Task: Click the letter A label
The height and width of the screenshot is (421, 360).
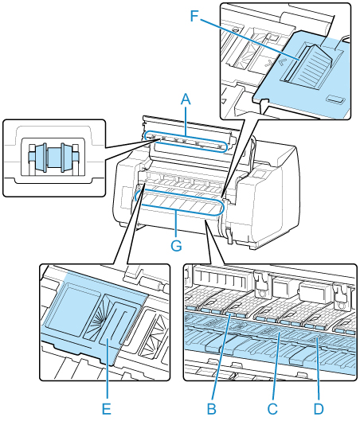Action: (x=186, y=100)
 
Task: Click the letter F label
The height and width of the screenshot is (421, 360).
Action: (x=194, y=17)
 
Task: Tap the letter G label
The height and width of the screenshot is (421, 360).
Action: (x=176, y=245)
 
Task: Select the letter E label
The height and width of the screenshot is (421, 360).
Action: (x=107, y=409)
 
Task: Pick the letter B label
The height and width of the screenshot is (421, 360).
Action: (x=212, y=409)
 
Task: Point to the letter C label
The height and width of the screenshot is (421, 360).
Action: (x=272, y=409)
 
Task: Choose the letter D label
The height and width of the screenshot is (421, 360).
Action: (x=319, y=409)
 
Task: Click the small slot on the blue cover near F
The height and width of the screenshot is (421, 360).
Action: (x=335, y=99)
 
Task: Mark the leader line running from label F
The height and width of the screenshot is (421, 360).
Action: (x=248, y=39)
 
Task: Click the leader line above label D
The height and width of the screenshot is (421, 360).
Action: (x=319, y=370)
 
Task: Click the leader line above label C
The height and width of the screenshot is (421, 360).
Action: (x=276, y=368)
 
